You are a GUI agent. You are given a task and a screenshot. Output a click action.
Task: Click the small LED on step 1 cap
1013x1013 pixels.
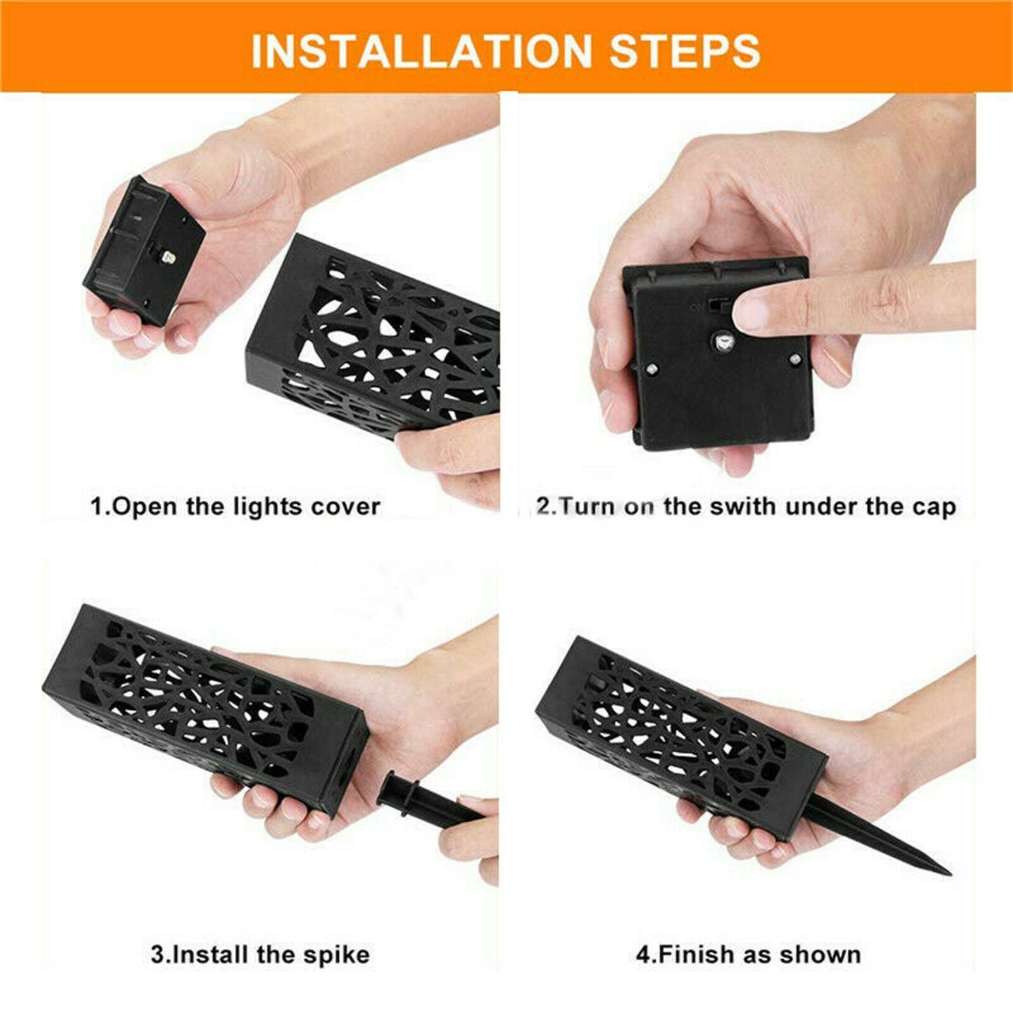[x=168, y=258]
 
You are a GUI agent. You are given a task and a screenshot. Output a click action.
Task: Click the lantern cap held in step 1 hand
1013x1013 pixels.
[x=146, y=253]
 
